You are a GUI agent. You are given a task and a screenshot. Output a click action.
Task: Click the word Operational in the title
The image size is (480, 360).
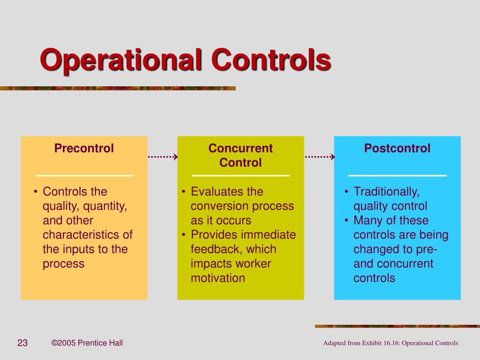click(x=121, y=60)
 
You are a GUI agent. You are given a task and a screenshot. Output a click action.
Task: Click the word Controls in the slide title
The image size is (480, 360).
click(x=271, y=60)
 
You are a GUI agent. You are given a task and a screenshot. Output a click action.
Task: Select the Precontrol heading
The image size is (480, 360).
click(x=84, y=148)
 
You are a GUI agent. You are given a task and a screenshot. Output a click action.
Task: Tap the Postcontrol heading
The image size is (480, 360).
click(x=397, y=148)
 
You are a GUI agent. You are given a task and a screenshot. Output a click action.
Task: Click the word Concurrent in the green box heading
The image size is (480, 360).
click(x=240, y=148)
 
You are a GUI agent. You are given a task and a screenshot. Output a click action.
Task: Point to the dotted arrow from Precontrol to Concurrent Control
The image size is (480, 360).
click(x=163, y=157)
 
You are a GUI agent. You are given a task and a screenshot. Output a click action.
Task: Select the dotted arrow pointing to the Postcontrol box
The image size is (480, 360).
click(x=320, y=157)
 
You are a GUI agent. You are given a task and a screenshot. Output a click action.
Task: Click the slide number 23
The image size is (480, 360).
click(x=22, y=343)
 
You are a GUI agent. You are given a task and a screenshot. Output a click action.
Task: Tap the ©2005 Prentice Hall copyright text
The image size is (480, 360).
click(x=87, y=343)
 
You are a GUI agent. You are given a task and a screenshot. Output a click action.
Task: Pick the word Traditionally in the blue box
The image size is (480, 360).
click(x=386, y=192)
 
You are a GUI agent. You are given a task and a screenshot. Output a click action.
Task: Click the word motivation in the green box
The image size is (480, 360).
click(x=217, y=278)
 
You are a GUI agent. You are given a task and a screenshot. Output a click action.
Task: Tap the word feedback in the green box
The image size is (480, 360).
click(x=217, y=249)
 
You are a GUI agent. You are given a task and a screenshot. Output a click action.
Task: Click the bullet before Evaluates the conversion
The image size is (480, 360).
click(x=183, y=192)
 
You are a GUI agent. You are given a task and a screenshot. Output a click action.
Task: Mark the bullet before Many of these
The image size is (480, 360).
click(x=346, y=220)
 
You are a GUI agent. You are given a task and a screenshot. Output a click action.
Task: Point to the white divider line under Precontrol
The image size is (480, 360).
click(x=84, y=176)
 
